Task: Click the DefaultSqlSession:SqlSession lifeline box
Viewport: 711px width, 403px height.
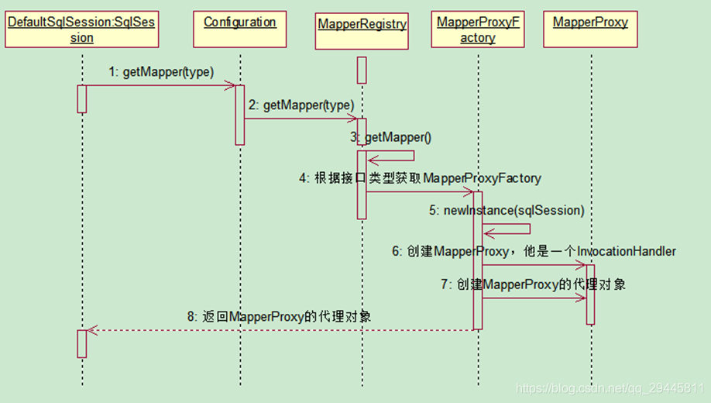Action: (x=81, y=29)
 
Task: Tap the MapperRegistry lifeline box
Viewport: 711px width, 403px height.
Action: (x=362, y=24)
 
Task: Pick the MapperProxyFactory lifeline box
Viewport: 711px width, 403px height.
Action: (x=478, y=29)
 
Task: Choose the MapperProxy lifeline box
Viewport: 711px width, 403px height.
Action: (x=590, y=22)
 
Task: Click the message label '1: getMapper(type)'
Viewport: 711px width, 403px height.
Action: (x=161, y=72)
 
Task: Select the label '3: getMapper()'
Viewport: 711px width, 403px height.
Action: (x=390, y=137)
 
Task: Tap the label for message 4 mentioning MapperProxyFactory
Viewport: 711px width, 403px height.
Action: (x=420, y=178)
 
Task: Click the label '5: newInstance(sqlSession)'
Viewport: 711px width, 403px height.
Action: (x=507, y=210)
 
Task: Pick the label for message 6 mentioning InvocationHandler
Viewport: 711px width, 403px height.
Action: (x=534, y=251)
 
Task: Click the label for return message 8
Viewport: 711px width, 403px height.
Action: (x=279, y=316)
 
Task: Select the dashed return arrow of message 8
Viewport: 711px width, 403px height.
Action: (x=279, y=329)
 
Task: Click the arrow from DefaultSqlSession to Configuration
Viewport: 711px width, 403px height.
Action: (x=159, y=85)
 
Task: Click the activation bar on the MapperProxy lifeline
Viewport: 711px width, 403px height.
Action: (x=590, y=294)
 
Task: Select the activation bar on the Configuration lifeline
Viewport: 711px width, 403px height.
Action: (x=239, y=115)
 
